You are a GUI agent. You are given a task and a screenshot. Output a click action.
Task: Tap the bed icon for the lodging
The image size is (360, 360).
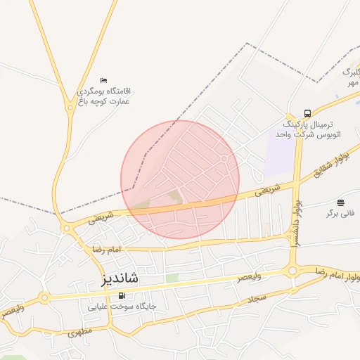(104, 80)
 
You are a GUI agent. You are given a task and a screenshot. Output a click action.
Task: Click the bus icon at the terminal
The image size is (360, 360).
(307, 113)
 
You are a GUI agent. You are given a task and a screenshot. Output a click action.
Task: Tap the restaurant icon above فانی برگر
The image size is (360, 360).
(341, 202)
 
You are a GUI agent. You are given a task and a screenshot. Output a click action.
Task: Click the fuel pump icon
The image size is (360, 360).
(122, 295)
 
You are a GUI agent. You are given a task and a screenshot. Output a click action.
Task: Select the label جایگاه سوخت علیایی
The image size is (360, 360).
(122, 307)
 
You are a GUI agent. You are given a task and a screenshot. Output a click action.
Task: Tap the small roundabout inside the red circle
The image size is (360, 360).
(224, 159)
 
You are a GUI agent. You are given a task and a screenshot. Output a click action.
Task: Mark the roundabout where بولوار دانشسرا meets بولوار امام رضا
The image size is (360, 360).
(292, 271)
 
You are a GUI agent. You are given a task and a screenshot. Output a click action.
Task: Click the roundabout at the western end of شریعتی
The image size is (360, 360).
(66, 228)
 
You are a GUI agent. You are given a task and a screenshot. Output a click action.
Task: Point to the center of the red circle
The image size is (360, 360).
(180, 179)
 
